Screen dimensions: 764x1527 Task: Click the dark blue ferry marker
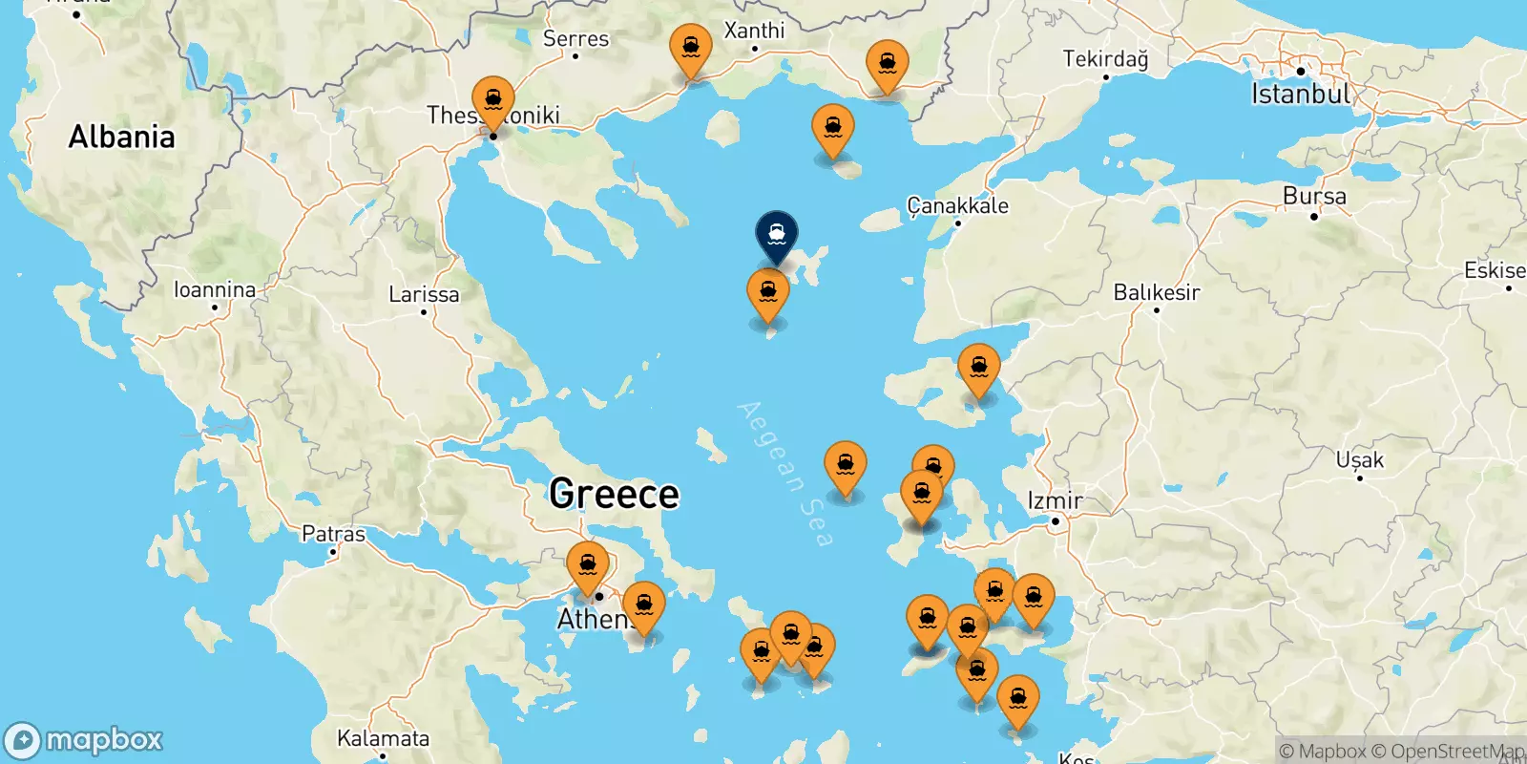point(777,234)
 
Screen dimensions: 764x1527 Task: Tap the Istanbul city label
point(1301,94)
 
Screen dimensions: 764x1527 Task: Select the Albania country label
point(121,138)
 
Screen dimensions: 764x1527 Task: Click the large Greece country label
point(614,494)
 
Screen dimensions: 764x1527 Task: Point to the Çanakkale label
point(957,206)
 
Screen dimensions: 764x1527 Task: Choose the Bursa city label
point(1314,197)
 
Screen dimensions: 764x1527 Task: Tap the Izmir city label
point(1055,500)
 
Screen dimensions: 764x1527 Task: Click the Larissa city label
point(424,294)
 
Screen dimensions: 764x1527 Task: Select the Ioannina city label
point(215,289)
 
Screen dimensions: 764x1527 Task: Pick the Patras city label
point(333,534)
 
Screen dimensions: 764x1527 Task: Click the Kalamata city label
point(383,738)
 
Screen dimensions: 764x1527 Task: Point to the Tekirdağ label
point(1105,59)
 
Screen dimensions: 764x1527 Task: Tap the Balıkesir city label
point(1156,292)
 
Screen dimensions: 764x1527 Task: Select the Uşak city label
point(1359,460)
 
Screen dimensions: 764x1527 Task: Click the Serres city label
point(575,39)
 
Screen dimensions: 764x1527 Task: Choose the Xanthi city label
point(754,31)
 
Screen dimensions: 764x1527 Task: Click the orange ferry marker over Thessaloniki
point(493,101)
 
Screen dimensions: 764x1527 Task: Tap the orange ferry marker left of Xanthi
point(690,49)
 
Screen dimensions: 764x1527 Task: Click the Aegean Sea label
point(785,474)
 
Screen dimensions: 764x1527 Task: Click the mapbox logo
point(84,740)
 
